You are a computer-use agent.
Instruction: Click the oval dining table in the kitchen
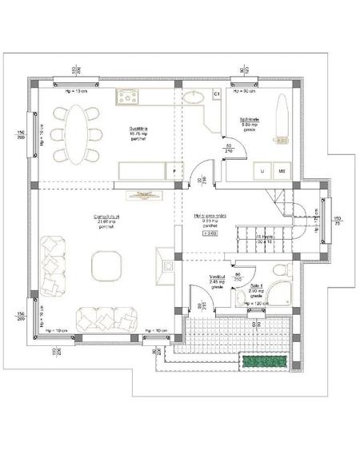(74, 131)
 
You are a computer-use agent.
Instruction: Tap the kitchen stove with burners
(129, 97)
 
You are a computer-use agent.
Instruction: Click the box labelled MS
(282, 170)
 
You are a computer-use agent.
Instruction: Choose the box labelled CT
(216, 95)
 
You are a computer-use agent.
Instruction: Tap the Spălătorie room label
(249, 122)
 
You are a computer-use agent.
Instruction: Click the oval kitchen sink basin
(194, 98)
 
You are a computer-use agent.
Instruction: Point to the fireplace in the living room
(166, 265)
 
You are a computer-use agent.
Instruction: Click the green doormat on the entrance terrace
(265, 361)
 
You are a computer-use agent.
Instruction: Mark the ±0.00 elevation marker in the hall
(210, 234)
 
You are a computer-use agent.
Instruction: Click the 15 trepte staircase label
(264, 240)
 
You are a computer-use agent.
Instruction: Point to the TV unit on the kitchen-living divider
(145, 193)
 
